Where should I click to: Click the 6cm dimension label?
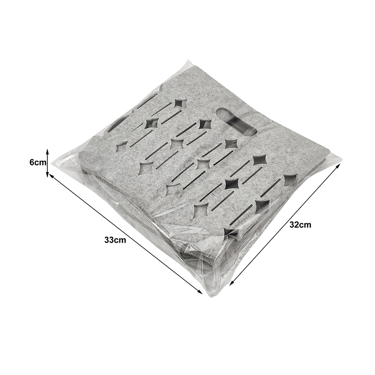[x=37, y=162]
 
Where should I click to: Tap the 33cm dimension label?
[x=115, y=240]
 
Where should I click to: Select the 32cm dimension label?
[x=300, y=225]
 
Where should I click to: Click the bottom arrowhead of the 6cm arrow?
[x=47, y=174]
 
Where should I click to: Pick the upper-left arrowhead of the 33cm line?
[x=51, y=176]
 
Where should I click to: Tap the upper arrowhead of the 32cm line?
[x=337, y=166]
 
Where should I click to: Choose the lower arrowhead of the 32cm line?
[x=232, y=283]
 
